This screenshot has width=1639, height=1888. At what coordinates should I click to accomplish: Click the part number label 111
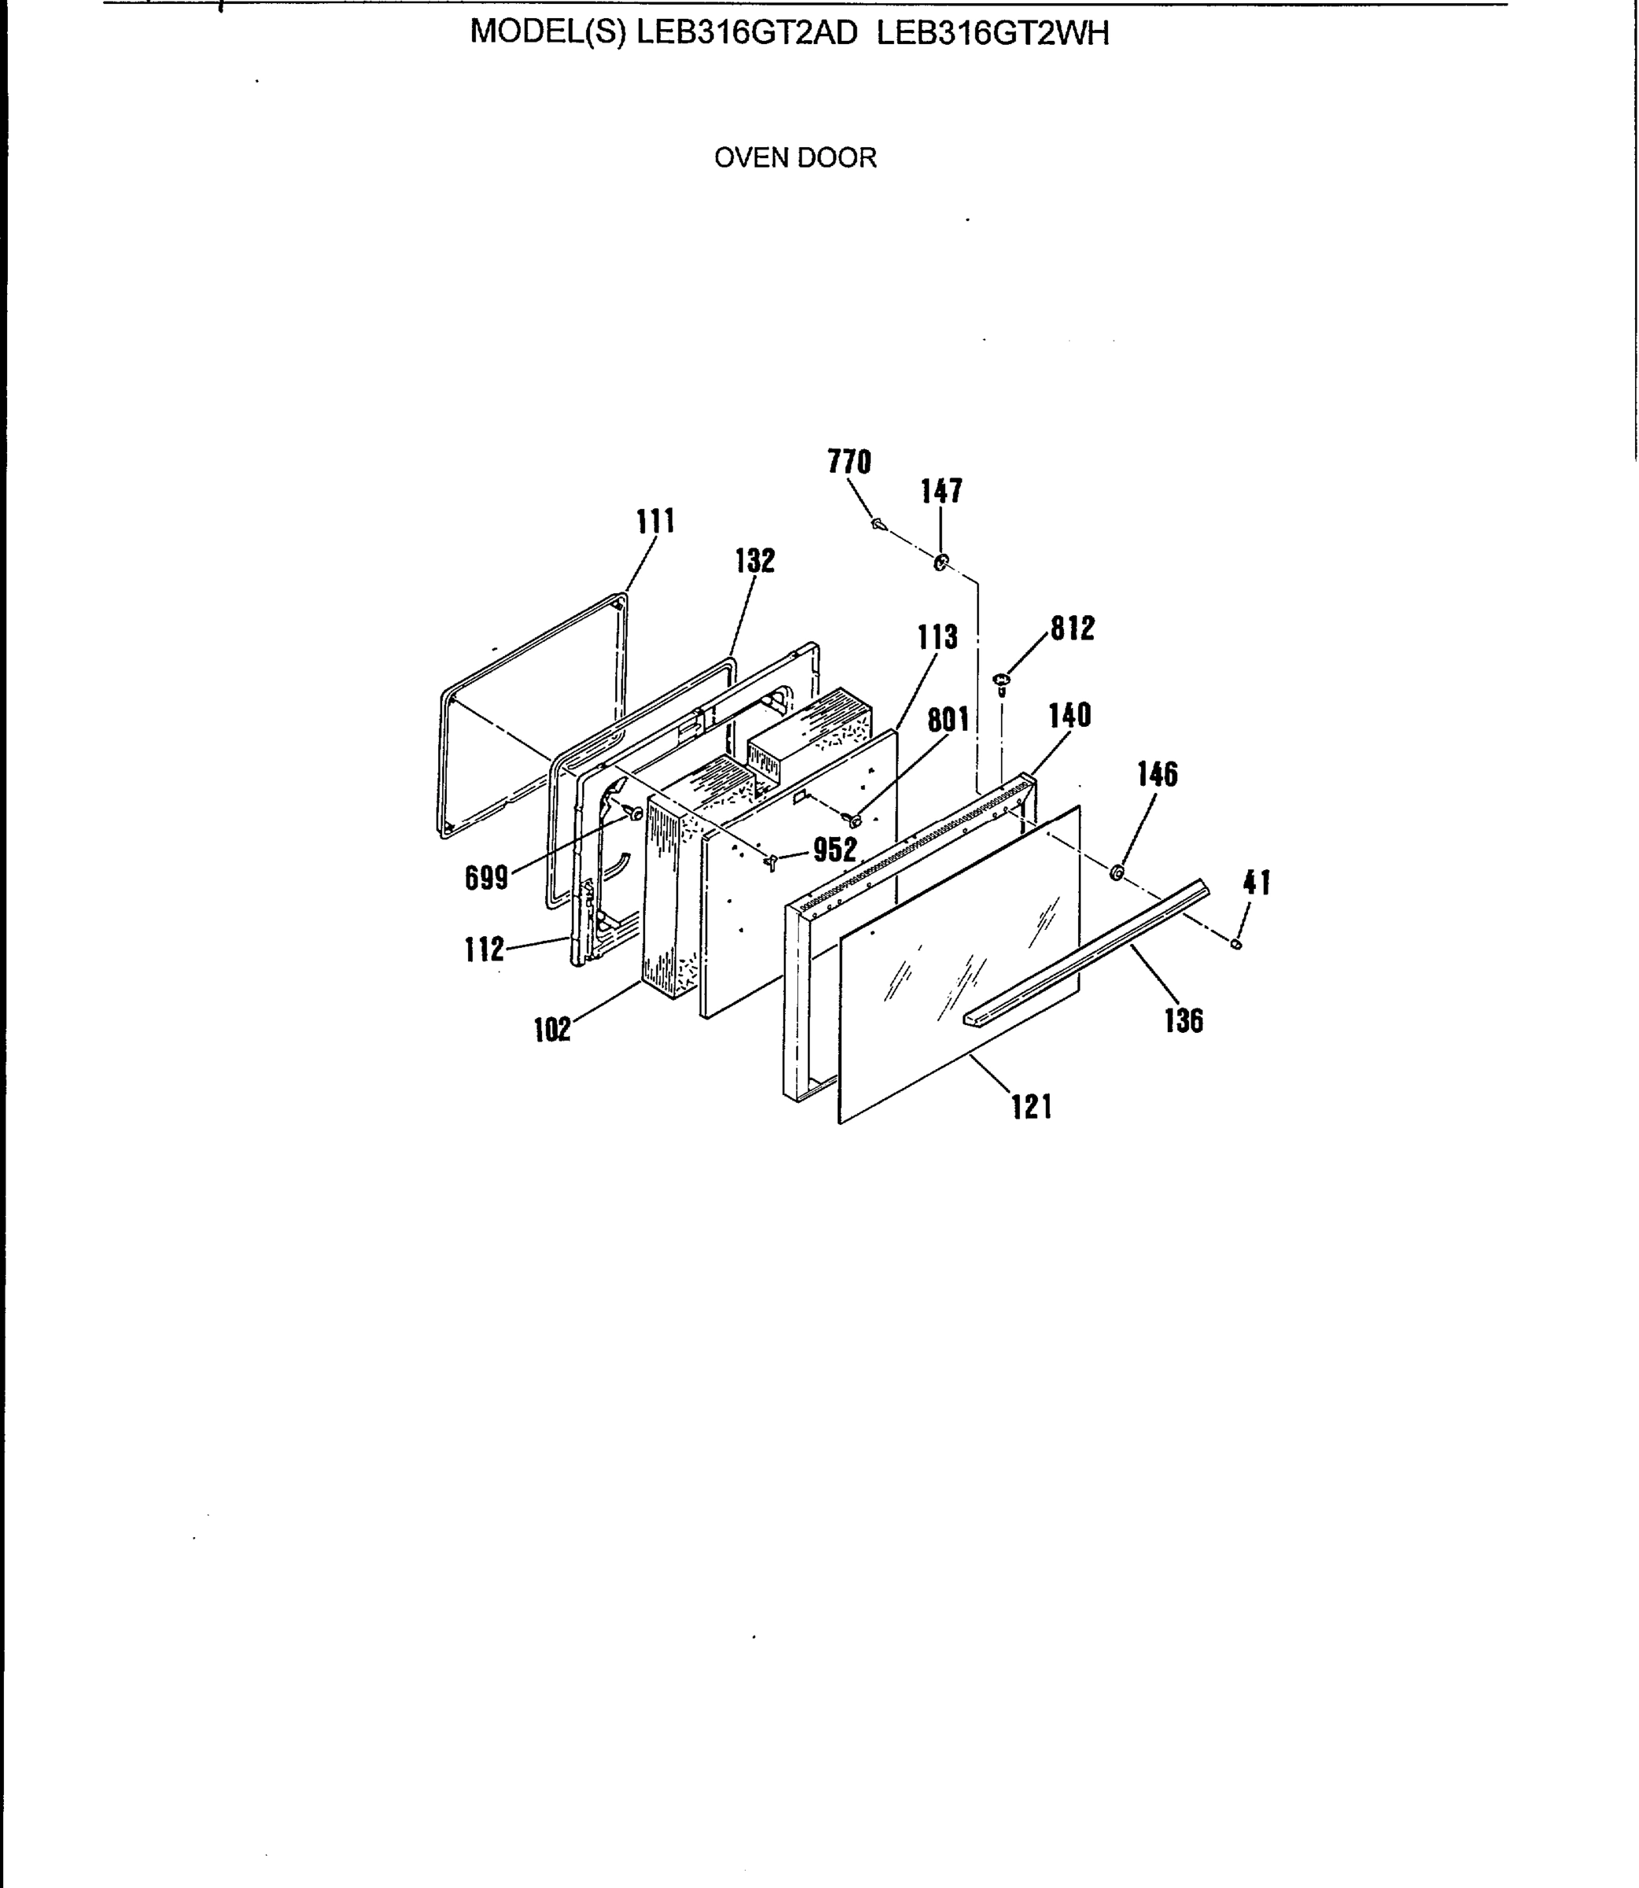[656, 522]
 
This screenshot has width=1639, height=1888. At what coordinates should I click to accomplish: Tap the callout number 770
[849, 462]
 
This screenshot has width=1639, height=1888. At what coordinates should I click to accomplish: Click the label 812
[1072, 629]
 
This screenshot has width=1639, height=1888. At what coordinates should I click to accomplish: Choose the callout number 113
[937, 636]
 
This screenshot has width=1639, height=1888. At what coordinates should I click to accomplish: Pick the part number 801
[948, 720]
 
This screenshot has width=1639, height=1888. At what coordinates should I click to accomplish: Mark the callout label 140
[1070, 714]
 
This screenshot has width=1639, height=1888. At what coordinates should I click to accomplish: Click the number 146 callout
[1157, 774]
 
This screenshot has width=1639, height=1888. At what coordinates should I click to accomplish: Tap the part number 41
[1257, 883]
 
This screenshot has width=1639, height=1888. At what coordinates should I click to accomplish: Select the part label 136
[1184, 1020]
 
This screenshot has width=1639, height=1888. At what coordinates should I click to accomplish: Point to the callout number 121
[1032, 1107]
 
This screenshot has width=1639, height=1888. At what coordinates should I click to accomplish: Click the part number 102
[552, 1030]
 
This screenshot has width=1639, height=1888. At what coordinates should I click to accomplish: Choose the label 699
[487, 878]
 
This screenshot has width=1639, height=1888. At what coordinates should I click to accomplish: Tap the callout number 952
[835, 850]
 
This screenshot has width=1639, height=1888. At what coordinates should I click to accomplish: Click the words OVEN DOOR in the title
[795, 158]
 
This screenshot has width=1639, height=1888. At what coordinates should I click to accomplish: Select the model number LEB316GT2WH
[993, 34]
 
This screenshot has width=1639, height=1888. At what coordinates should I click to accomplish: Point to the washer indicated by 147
[941, 562]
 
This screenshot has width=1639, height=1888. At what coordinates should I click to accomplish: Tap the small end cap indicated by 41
[1236, 944]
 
